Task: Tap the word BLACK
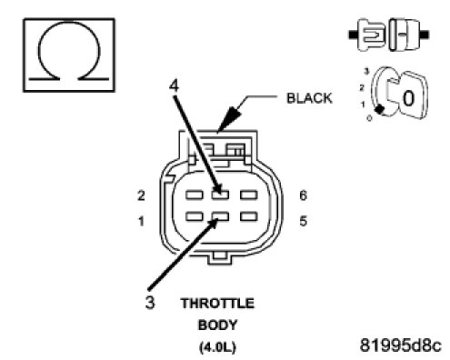[309, 98]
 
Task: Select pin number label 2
[141, 195]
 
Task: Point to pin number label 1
[141, 221]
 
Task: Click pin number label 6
[303, 195]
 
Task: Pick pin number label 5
[303, 221]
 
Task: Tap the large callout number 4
[174, 85]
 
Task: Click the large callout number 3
[150, 303]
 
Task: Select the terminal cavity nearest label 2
[195, 195]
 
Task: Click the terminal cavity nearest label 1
[195, 216]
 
